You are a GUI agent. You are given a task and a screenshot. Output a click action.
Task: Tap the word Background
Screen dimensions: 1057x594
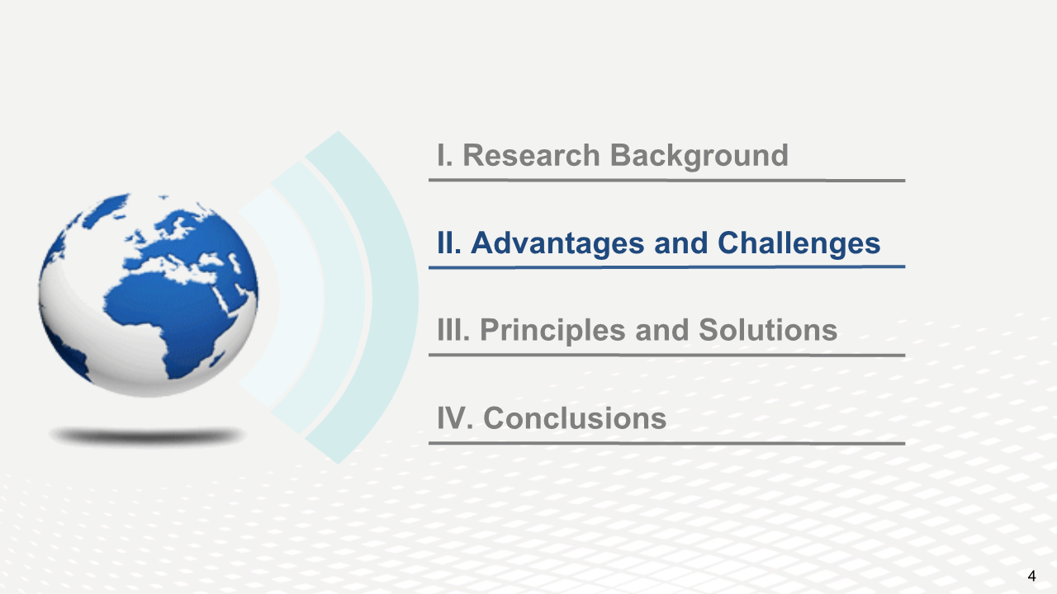pos(699,156)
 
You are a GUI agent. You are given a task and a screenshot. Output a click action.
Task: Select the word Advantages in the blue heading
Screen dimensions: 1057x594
pos(557,244)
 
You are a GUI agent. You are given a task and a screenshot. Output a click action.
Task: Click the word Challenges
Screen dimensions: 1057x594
pos(799,244)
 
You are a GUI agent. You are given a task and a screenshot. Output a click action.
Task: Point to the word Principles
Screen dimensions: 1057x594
pos(552,331)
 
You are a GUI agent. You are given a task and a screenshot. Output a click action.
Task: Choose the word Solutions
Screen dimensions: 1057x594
pos(768,330)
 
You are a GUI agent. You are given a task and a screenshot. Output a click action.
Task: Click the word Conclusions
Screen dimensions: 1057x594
pos(575,418)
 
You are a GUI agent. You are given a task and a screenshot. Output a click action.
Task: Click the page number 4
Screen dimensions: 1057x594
pos(1031,576)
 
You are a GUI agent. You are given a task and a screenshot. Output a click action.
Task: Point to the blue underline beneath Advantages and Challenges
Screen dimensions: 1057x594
pos(666,267)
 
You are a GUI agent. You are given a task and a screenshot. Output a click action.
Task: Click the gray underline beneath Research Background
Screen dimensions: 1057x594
pos(666,180)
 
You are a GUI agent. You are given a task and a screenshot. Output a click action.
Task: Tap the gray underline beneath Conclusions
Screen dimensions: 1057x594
pos(666,444)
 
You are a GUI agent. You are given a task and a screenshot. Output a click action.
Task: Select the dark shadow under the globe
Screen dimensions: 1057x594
pos(147,436)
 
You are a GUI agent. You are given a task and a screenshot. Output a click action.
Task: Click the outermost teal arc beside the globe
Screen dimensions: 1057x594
pos(396,297)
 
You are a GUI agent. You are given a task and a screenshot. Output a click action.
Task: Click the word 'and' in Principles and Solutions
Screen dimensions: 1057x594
pos(662,329)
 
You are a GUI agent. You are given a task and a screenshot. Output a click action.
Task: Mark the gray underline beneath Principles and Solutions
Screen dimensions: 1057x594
pos(666,355)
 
